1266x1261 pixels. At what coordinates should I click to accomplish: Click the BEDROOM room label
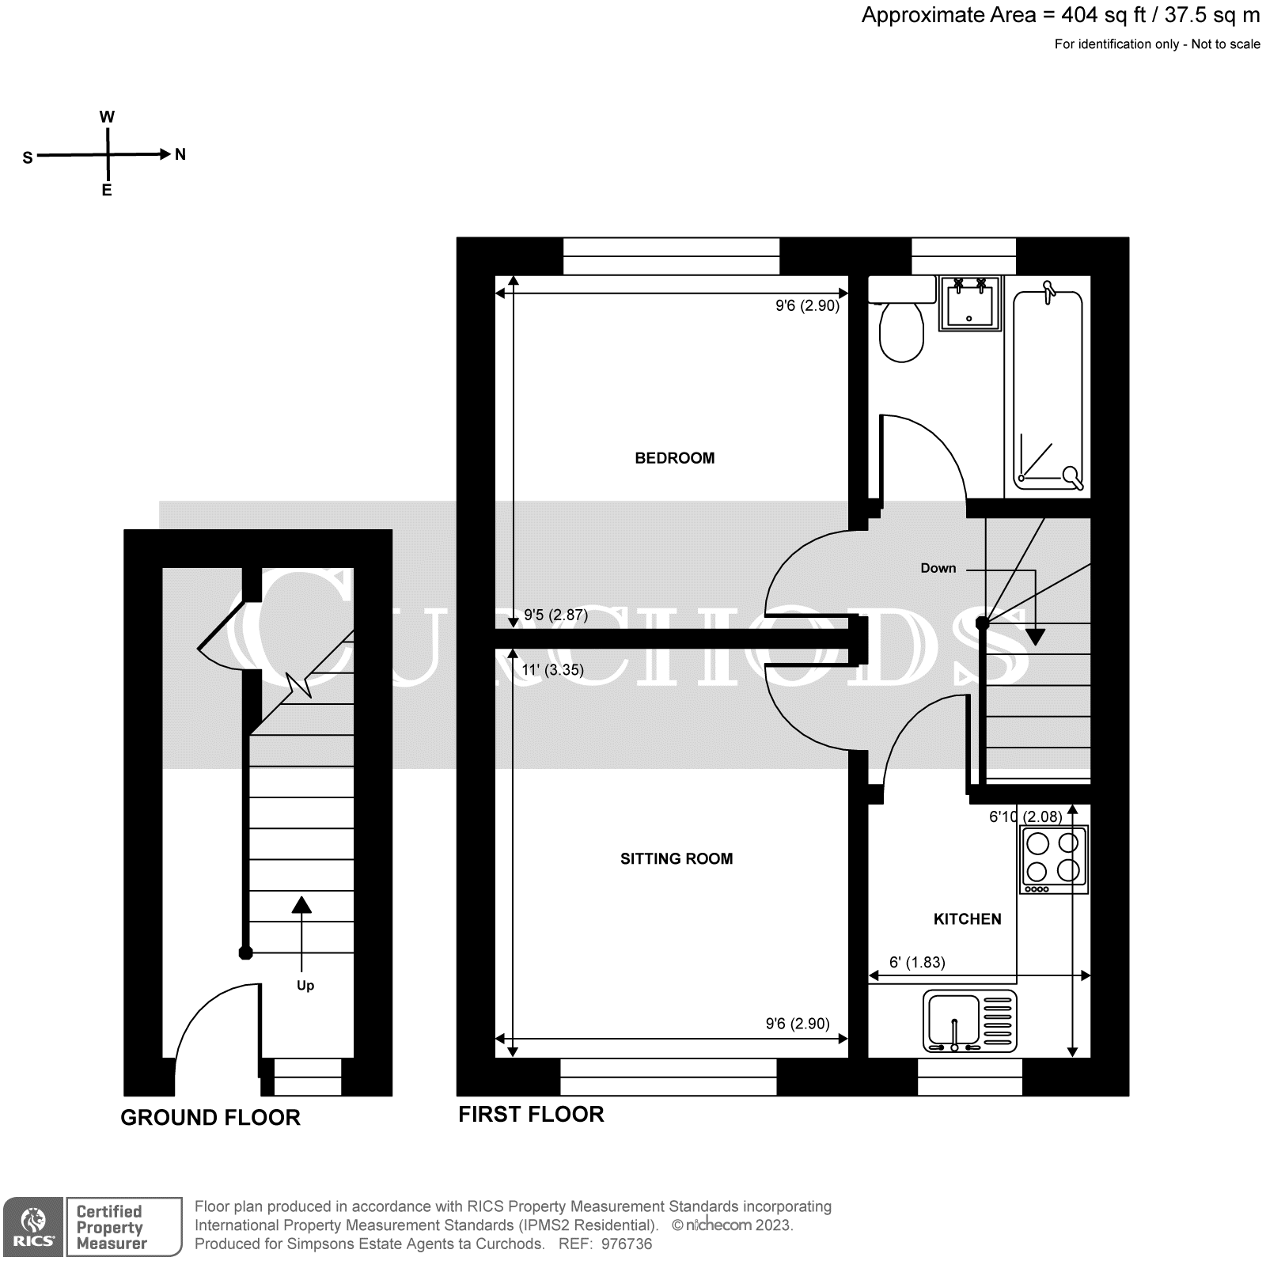coord(674,458)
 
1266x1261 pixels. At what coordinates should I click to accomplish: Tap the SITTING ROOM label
coord(676,858)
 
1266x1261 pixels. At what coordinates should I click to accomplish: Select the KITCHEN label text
coord(967,919)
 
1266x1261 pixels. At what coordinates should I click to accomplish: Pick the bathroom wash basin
coord(970,304)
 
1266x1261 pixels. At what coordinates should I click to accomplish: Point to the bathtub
coord(1048,388)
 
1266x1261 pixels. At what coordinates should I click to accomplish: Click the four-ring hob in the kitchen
coord(1053,859)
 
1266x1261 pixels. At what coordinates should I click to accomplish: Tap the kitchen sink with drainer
coord(970,1022)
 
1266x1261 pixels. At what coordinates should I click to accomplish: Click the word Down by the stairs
coord(938,568)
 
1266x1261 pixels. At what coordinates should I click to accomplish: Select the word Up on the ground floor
coord(305,985)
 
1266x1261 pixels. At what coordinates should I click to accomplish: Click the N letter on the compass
coord(180,155)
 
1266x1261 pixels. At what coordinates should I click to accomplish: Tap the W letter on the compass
coord(107,117)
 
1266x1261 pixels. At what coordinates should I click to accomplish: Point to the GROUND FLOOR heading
coord(210,1118)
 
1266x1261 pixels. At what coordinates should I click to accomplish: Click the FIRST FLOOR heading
coord(531,1115)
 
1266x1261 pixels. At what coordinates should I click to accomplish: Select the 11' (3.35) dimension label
coord(553,670)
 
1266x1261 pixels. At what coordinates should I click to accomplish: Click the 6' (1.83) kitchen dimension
coord(917,963)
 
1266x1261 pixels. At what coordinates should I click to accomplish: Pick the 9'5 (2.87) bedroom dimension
coord(556,615)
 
